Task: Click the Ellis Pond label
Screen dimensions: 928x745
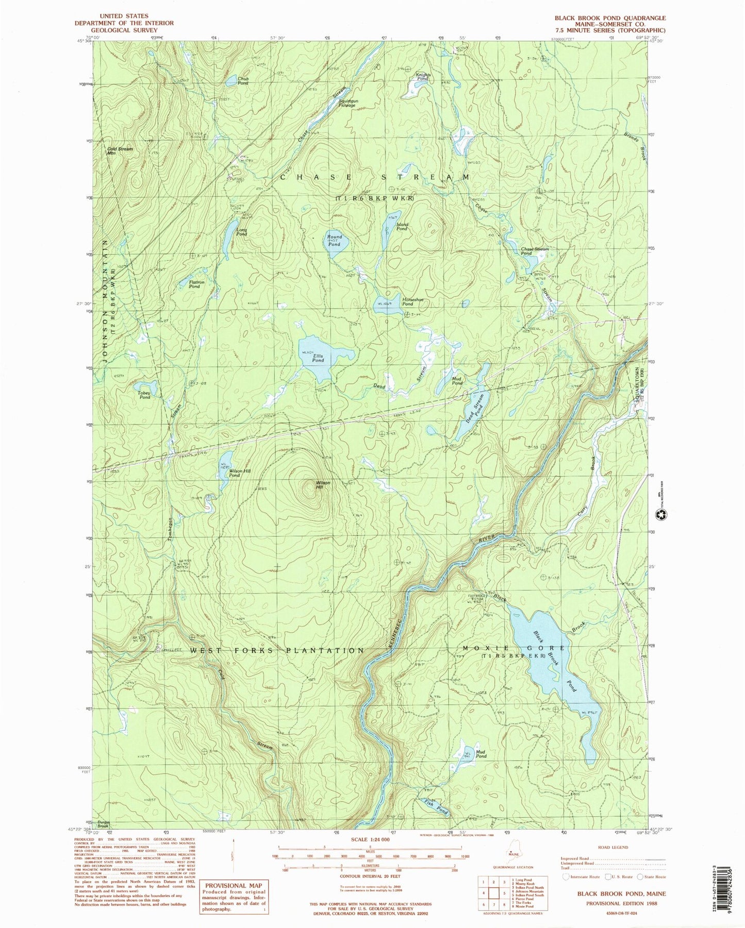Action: point(318,358)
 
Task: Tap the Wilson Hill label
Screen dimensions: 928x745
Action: point(323,485)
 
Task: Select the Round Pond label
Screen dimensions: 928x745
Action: point(334,240)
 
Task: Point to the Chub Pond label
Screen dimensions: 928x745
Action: point(243,80)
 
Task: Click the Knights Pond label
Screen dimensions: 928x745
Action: point(423,76)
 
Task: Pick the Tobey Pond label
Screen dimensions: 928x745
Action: point(144,395)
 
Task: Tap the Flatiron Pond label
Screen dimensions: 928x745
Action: point(194,284)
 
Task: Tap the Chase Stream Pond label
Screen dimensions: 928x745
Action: point(535,251)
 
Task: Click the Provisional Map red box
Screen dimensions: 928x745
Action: point(234,897)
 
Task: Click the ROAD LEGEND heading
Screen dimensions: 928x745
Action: point(612,847)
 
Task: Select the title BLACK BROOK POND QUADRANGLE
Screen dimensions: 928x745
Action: point(610,18)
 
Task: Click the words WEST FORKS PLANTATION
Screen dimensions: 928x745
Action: point(277,651)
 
